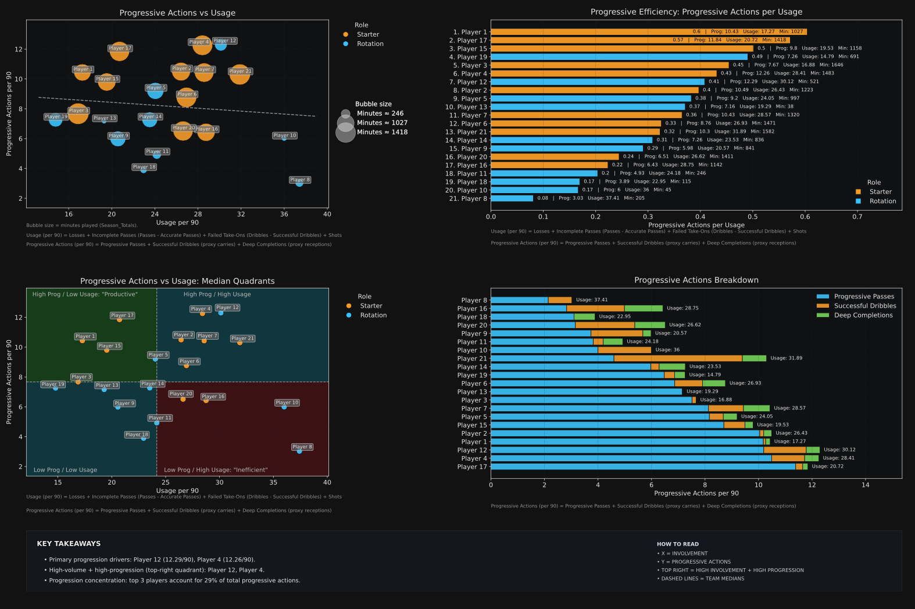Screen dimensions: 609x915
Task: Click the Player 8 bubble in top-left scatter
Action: [299, 183]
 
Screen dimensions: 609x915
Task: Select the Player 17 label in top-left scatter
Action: [120, 48]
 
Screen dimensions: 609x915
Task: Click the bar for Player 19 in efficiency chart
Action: [619, 57]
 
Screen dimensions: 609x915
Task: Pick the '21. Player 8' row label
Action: [466, 198]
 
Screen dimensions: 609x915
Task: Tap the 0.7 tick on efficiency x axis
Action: [857, 216]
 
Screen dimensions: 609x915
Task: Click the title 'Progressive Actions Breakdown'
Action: [696, 280]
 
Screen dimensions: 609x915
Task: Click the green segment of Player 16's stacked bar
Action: [643, 308]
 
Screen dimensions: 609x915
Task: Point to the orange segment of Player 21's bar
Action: [678, 358]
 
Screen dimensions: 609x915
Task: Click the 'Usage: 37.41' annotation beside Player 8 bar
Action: [591, 300]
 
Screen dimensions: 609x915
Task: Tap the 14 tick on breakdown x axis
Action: [865, 485]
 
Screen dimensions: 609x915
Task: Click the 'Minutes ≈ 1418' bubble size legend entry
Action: [382, 132]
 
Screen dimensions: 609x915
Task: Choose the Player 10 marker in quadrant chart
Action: [284, 407]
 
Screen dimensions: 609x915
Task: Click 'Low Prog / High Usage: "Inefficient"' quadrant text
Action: [216, 470]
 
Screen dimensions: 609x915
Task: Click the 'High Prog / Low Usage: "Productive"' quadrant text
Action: [85, 294]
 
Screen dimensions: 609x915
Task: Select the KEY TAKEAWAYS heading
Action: [69, 544]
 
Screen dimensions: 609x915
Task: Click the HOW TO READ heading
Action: [677, 544]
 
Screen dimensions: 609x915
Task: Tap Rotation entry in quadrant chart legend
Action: [373, 315]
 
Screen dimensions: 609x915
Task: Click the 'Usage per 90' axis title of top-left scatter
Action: [177, 222]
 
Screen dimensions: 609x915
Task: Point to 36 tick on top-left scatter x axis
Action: [284, 214]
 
